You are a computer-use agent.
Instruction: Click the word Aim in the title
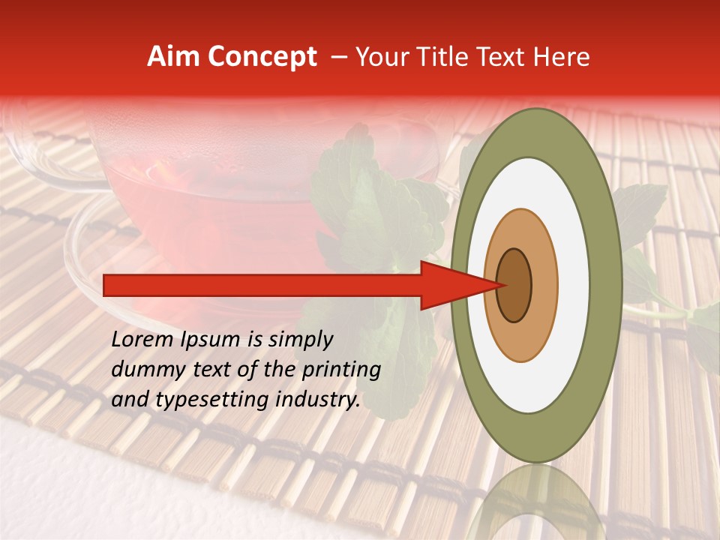point(173,57)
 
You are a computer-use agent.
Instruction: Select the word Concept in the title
point(260,57)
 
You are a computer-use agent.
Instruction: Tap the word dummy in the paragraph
point(144,370)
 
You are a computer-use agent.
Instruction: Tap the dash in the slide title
point(339,57)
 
